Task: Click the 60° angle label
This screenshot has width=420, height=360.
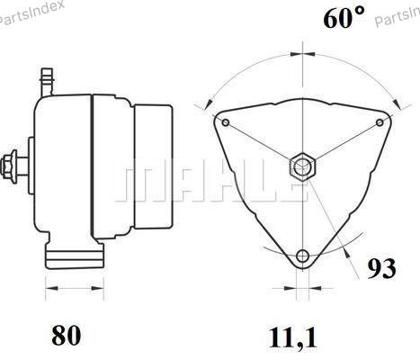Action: [344, 17]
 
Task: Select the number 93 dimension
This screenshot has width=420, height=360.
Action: [381, 268]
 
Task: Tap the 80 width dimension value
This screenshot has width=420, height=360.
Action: [66, 335]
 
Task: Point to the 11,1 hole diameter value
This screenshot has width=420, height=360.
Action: [293, 337]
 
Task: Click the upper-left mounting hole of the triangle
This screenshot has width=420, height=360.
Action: [226, 122]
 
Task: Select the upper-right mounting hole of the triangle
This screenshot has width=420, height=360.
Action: [380, 122]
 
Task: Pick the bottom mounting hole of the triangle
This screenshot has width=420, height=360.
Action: [302, 256]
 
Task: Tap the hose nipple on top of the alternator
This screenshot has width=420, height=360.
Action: [47, 82]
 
